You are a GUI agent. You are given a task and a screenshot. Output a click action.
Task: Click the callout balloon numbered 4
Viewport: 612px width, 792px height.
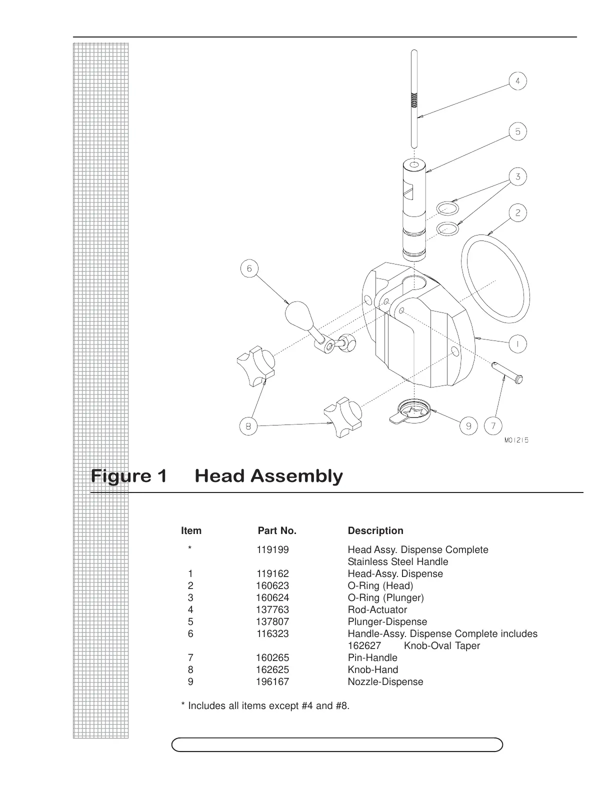[518, 81]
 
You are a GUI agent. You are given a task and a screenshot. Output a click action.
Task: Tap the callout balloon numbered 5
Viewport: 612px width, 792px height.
[518, 131]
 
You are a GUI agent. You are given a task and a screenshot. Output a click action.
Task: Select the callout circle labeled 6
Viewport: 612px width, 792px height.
[249, 269]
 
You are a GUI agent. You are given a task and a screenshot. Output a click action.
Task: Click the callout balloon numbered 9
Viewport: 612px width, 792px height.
[469, 426]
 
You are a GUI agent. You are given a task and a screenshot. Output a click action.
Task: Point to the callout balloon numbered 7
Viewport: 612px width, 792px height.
[493, 426]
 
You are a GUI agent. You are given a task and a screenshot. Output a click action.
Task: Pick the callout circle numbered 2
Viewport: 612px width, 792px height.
[518, 213]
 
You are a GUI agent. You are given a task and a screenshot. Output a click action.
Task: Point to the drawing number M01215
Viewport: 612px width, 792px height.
[516, 440]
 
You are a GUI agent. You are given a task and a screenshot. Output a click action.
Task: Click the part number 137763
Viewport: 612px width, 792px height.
[272, 609]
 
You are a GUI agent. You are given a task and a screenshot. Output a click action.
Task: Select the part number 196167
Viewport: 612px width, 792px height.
[272, 681]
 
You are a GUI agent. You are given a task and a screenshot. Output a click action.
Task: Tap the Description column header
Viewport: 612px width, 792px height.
[375, 530]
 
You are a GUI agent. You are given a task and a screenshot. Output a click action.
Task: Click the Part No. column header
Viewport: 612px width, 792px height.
[277, 530]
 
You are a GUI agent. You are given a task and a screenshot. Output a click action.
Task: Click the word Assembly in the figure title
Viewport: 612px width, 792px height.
[268, 476]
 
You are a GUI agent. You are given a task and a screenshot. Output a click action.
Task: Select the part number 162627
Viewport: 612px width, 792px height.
[364, 645]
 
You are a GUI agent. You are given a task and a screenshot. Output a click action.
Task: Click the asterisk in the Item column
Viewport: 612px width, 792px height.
[190, 549]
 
